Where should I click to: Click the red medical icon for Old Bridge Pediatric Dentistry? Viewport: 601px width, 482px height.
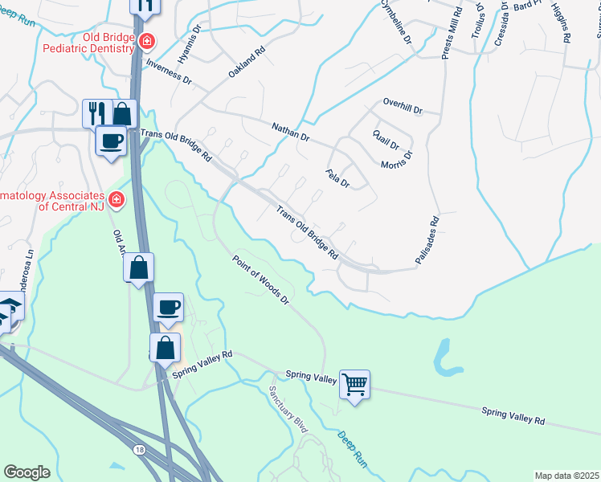146,41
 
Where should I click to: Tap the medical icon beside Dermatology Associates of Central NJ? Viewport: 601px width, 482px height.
117,198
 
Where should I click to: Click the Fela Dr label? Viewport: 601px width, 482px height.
337,178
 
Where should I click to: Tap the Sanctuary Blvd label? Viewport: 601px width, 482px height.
288,409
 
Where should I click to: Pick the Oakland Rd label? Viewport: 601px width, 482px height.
246,60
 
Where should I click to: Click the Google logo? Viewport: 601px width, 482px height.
27,472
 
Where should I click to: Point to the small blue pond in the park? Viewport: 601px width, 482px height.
445,357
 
